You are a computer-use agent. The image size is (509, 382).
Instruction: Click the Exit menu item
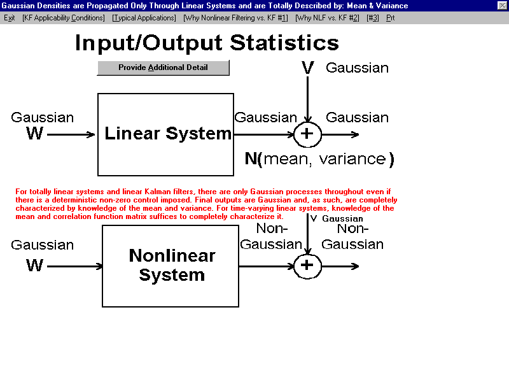[x=9, y=18]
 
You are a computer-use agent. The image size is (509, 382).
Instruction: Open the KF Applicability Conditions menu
[x=63, y=18]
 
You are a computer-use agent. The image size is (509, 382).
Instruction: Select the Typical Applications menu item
[x=144, y=18]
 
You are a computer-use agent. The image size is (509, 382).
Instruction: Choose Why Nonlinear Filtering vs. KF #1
[x=235, y=18]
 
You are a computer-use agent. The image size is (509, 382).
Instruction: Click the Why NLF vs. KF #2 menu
[x=327, y=18]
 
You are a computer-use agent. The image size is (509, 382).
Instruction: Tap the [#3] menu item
[x=373, y=18]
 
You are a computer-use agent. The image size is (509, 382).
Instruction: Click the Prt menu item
[x=390, y=18]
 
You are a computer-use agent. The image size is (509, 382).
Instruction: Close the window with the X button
[x=502, y=6]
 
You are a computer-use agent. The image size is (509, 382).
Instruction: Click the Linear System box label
[x=168, y=134]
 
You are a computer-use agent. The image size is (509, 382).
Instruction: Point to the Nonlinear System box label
[x=172, y=265]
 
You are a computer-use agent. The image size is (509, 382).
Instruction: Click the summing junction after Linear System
[x=307, y=134]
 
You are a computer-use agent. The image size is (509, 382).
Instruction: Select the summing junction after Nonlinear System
[x=307, y=266]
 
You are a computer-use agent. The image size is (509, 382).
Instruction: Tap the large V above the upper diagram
[x=307, y=67]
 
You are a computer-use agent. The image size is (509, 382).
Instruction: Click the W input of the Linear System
[x=35, y=133]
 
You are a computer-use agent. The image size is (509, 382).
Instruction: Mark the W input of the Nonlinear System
[x=35, y=265]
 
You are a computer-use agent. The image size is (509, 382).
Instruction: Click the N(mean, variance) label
[x=319, y=159]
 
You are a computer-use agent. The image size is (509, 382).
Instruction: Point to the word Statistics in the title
[x=284, y=43]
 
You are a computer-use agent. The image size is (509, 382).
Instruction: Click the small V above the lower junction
[x=314, y=218]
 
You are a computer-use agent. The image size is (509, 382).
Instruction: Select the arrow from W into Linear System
[x=71, y=134]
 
